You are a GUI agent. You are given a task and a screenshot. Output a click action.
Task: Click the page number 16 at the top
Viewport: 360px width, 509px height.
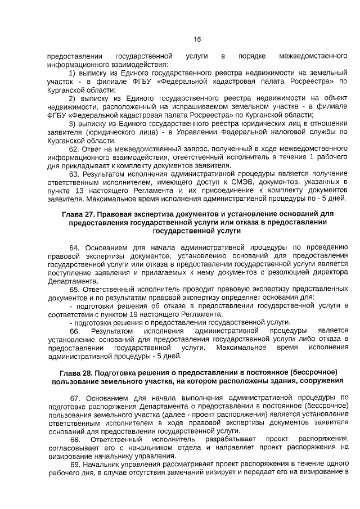click(x=197, y=39)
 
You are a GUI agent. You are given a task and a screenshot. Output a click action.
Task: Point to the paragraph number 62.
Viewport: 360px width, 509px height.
click(x=75, y=149)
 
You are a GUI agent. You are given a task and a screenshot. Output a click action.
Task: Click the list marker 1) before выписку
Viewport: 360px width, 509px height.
click(x=73, y=73)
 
